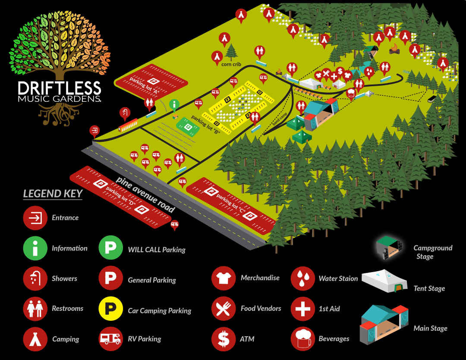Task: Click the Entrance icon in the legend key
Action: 35,218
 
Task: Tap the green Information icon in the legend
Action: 35,248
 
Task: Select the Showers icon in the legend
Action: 35,279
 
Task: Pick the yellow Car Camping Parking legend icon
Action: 111,309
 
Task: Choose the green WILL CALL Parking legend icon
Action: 111,248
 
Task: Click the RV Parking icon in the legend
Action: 111,338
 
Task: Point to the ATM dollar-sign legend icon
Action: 224,338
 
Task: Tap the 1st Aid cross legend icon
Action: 303,309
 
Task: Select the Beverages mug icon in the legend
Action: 303,338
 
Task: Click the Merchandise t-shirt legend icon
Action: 224,278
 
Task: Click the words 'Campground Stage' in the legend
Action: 432,252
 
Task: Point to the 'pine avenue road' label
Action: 145,194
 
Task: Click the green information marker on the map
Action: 174,104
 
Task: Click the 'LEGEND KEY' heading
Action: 53,194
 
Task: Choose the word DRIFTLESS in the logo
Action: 60,89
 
